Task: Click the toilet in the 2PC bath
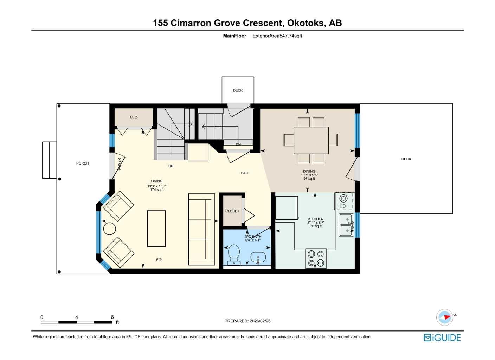tap(234, 254)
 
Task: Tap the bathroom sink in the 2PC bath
tap(258, 258)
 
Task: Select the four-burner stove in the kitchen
tap(316, 259)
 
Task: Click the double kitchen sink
tap(346, 225)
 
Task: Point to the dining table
tap(311, 140)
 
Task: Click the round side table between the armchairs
tap(109, 229)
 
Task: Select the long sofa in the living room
tap(201, 229)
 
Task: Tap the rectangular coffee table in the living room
tap(156, 229)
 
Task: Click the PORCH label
tap(83, 163)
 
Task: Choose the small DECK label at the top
tap(238, 90)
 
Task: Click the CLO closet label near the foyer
tap(134, 117)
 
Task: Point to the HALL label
tap(245, 173)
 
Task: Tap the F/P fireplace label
tap(159, 260)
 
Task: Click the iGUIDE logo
tap(442, 338)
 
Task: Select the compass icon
tap(445, 317)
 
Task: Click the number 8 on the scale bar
tap(112, 317)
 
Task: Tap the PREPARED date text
tap(247, 321)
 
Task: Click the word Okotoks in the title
tap(306, 23)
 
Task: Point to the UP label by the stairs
tap(171, 166)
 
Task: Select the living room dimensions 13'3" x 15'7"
tap(157, 186)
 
